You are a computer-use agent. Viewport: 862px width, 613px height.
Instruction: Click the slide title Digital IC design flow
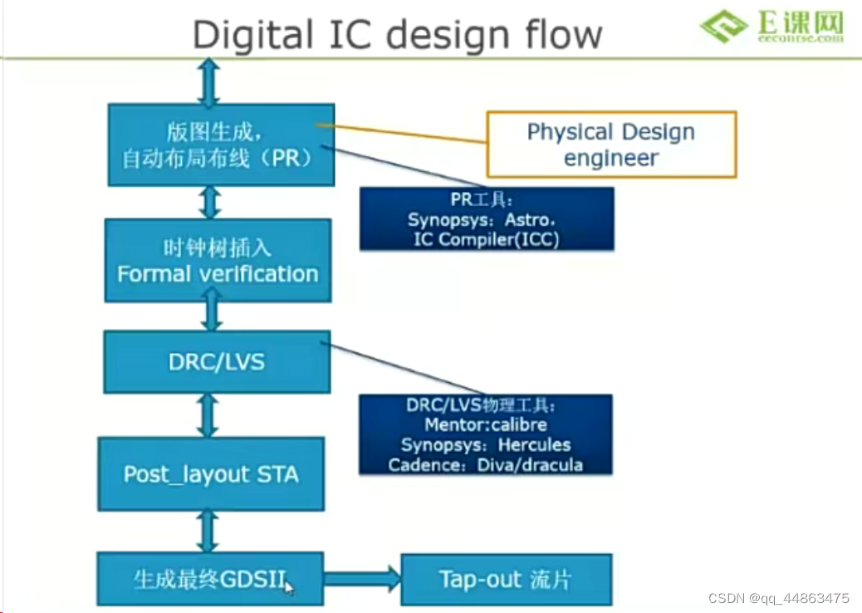pyautogui.click(x=397, y=34)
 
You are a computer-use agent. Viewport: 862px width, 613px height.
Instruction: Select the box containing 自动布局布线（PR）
pyautogui.click(x=221, y=145)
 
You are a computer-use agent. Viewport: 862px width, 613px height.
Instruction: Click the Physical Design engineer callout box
pyautogui.click(x=611, y=145)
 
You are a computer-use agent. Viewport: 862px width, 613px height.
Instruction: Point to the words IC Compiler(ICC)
pyautogui.click(x=486, y=238)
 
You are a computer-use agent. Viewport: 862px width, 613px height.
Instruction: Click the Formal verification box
pyautogui.click(x=218, y=261)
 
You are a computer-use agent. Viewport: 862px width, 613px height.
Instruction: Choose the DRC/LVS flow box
pyautogui.click(x=217, y=361)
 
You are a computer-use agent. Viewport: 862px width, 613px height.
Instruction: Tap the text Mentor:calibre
pyautogui.click(x=486, y=425)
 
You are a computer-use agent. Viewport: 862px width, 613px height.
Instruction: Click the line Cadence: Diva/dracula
pyautogui.click(x=486, y=465)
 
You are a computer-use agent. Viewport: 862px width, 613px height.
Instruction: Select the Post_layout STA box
pyautogui.click(x=211, y=474)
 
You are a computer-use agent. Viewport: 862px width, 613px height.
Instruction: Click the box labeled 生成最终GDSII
pyautogui.click(x=209, y=578)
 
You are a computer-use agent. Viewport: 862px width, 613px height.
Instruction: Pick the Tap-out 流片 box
pyautogui.click(x=506, y=578)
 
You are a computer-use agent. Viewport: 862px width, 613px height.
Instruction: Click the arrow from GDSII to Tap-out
pyautogui.click(x=362, y=577)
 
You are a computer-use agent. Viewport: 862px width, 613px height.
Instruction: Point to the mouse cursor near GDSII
pyautogui.click(x=288, y=587)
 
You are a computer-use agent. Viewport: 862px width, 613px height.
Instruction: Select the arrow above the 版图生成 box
pyautogui.click(x=208, y=81)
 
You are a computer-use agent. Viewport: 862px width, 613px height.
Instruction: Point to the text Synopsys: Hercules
pyautogui.click(x=486, y=445)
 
